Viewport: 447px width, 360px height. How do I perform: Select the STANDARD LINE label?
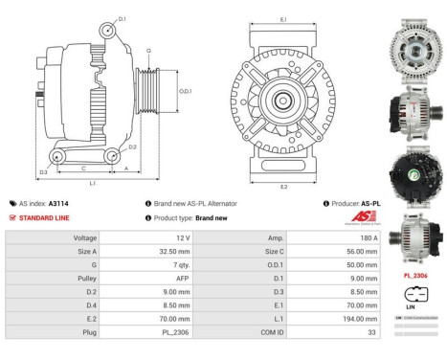[43, 217]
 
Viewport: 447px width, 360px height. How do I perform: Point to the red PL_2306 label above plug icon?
[415, 275]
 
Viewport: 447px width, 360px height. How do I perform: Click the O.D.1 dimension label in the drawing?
[185, 91]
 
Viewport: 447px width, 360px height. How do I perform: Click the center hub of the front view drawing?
[283, 100]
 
